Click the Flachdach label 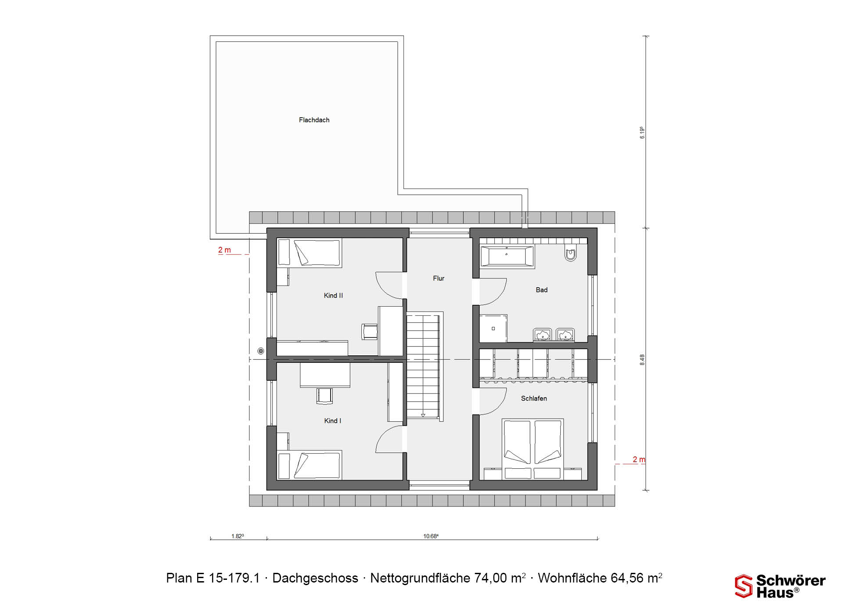point(314,120)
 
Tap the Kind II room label point(333,296)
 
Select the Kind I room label point(332,421)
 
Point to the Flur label point(439,279)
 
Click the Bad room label point(541,290)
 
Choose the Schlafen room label point(534,398)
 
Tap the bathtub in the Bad point(507,257)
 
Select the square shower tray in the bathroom point(493,328)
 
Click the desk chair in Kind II point(369,332)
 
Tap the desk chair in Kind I point(324,395)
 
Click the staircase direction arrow point(423,415)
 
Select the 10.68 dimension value point(431,536)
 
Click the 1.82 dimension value point(238,536)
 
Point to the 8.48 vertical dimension point(642,360)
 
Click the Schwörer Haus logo point(780,586)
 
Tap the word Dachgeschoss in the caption point(315,578)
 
